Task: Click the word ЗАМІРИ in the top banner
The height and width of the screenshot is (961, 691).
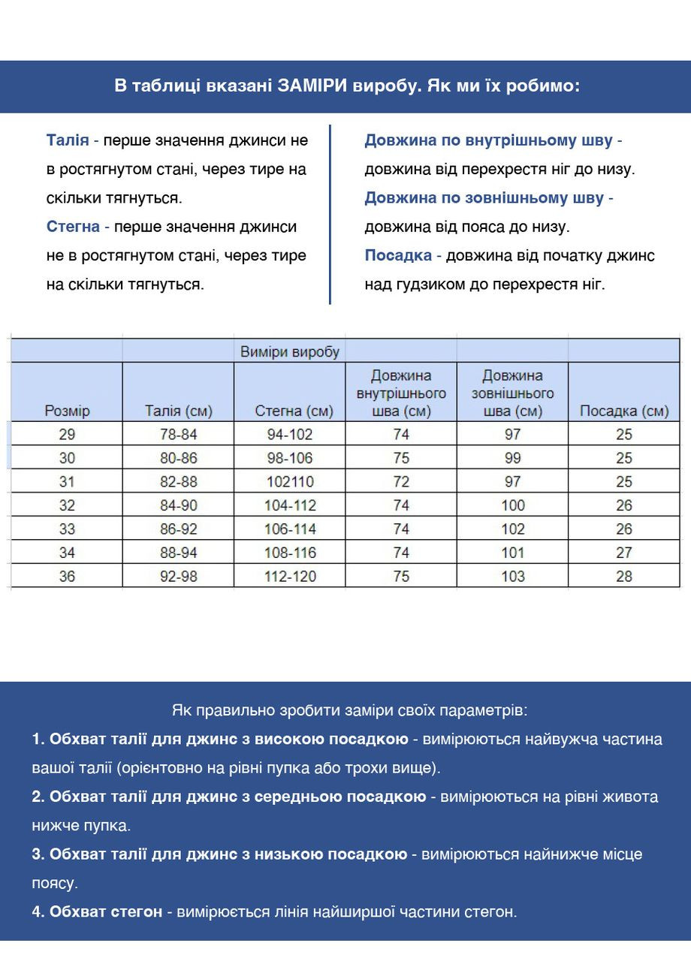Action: tap(310, 86)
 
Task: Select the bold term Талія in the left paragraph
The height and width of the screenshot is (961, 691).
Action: tap(68, 140)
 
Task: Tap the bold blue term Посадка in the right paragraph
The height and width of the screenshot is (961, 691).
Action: tap(398, 255)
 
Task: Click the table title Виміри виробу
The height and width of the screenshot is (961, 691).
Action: tap(290, 351)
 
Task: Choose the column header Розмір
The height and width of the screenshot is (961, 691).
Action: tap(67, 411)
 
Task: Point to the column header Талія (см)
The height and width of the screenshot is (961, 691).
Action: tap(179, 411)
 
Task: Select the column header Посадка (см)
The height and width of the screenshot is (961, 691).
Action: tap(624, 411)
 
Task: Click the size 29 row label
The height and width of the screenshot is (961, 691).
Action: tap(67, 434)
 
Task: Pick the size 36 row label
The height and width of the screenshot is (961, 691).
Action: tap(67, 577)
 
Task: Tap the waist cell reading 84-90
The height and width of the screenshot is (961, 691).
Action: tap(179, 505)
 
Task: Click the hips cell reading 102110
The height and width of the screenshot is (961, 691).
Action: tap(290, 481)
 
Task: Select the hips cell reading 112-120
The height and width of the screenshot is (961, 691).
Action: tap(290, 577)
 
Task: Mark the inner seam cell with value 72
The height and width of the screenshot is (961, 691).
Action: tap(401, 481)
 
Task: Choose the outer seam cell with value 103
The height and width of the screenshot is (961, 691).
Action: tap(513, 577)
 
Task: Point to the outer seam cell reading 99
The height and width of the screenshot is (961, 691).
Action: tap(513, 458)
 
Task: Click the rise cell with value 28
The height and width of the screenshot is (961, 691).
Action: tap(624, 577)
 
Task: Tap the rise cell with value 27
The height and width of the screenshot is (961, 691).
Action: tap(624, 553)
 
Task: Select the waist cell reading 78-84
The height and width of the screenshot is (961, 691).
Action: tap(179, 434)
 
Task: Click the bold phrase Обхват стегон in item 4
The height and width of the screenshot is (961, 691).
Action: tap(106, 911)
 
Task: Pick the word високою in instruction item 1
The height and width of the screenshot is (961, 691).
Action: tap(288, 739)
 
